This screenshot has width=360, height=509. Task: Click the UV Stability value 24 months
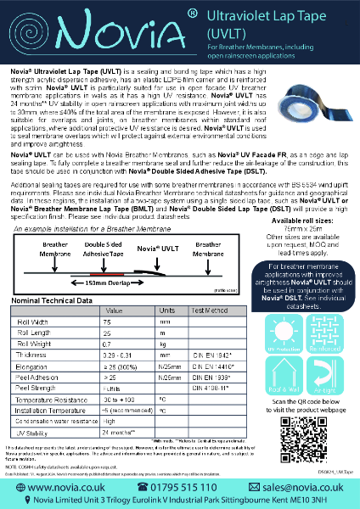120,432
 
